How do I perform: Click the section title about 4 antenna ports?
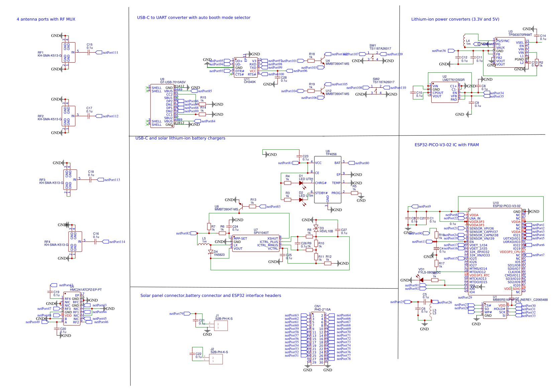(46, 19)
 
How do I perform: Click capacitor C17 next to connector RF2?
(89, 116)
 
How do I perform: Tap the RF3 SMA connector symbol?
(70, 180)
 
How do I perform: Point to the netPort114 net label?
(117, 242)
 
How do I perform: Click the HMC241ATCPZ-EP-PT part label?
(86, 290)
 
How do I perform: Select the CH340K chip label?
(250, 82)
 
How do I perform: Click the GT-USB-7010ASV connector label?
(173, 82)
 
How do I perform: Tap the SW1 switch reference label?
(372, 46)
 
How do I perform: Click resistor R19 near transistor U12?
(311, 91)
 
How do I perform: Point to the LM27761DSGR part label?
(453, 80)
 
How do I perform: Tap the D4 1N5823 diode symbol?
(211, 252)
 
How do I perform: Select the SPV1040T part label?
(261, 233)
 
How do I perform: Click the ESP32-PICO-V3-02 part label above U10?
(507, 206)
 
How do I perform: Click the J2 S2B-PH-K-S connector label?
(219, 352)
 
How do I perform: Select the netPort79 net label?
(176, 314)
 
